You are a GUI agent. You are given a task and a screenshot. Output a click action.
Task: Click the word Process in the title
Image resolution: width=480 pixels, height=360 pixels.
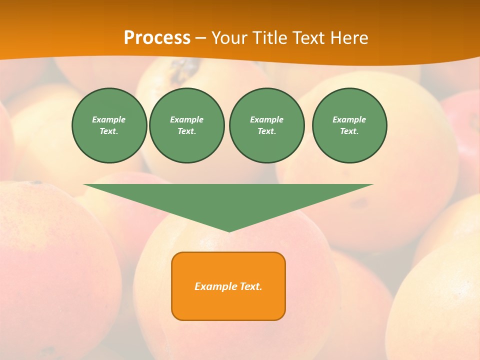click(x=157, y=38)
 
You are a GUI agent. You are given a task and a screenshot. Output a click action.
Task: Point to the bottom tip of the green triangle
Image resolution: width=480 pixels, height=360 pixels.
click(x=228, y=230)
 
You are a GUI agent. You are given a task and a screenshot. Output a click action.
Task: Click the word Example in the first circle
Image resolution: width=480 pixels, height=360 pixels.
click(x=109, y=119)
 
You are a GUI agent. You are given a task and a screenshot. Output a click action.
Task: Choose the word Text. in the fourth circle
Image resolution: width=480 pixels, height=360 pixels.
click(x=349, y=131)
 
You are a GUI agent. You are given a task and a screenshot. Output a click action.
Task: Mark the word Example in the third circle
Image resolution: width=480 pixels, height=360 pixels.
click(x=266, y=119)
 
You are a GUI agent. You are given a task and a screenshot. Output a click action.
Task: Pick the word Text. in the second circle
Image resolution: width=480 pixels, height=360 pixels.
click(x=187, y=131)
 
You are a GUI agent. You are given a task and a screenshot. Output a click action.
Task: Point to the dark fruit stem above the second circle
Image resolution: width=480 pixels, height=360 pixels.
click(x=182, y=67)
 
